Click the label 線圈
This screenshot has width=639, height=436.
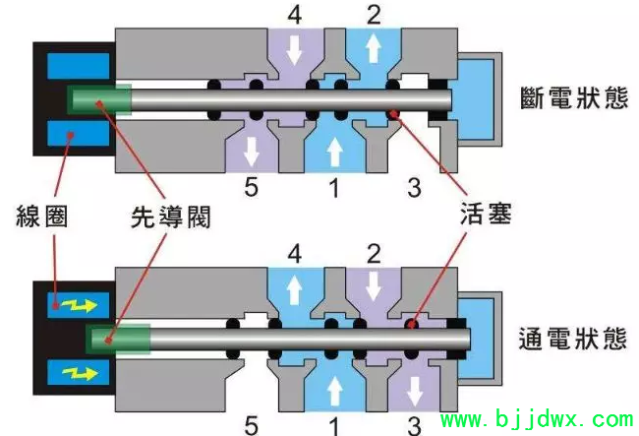coord(42,217)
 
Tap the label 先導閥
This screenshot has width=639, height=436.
coord(171,217)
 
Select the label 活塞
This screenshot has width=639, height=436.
coord(486,213)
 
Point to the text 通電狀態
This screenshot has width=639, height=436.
coord(572,339)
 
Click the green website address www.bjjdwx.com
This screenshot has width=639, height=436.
coord(538,419)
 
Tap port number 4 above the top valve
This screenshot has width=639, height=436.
coord(295,15)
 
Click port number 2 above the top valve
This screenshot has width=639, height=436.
coord(374,15)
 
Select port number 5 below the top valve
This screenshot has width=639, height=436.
coord(251,187)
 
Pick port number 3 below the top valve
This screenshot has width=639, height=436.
coord(414,187)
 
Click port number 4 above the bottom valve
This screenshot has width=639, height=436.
coord(295,254)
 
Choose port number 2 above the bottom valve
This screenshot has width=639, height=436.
coord(374,254)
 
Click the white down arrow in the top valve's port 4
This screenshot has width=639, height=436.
coord(294,50)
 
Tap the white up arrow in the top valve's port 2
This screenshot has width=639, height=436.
coord(373,47)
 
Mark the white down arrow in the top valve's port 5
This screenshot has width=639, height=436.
coord(252,151)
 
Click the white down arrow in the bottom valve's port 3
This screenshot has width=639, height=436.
coord(415,392)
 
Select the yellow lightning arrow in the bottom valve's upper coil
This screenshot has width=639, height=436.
coord(80,305)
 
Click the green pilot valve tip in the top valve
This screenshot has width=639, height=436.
coord(100,99)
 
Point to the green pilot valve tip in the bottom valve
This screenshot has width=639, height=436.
coord(118,339)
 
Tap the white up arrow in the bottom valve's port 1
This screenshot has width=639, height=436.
coord(334,391)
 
